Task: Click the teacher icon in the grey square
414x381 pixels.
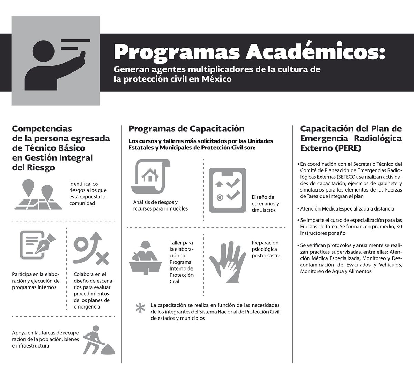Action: tap(56, 60)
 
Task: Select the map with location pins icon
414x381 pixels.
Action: tap(38, 196)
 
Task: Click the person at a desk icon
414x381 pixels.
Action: tap(146, 258)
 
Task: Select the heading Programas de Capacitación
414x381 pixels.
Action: tap(186, 129)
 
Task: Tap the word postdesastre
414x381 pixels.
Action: tap(266, 256)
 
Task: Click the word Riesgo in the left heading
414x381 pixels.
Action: tap(42, 168)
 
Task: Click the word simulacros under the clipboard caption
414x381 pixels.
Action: tap(264, 210)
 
